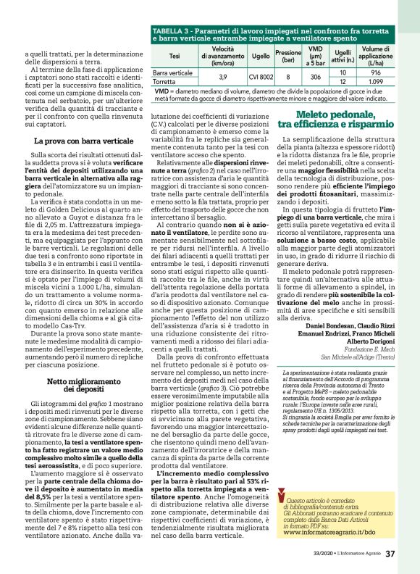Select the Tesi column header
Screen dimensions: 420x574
click(x=174, y=55)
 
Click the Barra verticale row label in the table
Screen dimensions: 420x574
click(x=172, y=73)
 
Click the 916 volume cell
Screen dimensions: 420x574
click(x=375, y=72)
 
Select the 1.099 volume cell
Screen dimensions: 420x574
click(x=375, y=82)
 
